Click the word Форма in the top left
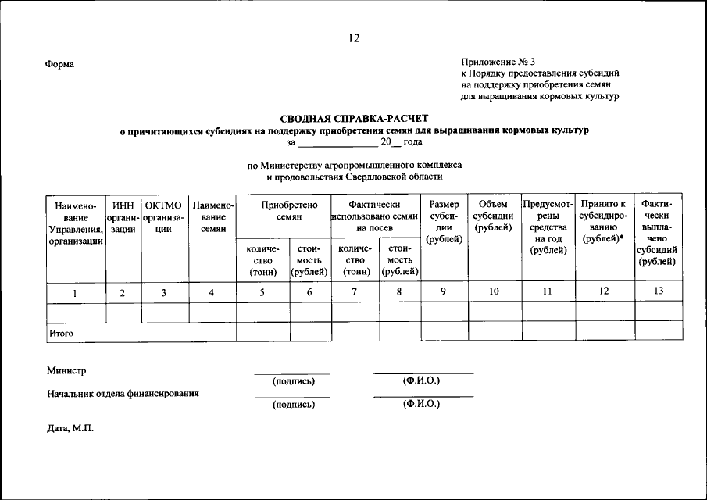coord(60,64)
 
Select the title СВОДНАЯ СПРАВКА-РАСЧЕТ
coord(354,118)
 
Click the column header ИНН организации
coord(123,216)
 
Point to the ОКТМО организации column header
coord(164,216)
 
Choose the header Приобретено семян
coord(284,210)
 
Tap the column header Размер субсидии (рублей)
coord(445,221)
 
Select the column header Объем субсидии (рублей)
coord(494,216)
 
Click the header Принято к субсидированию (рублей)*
coord(603,221)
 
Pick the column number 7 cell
coord(354,291)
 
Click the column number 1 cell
coord(75,292)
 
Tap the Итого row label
coord(62,333)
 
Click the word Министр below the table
coord(67,370)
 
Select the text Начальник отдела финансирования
coord(123,394)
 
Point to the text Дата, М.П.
coord(70,428)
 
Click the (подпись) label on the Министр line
coord(293,381)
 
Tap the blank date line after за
coord(337,143)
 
